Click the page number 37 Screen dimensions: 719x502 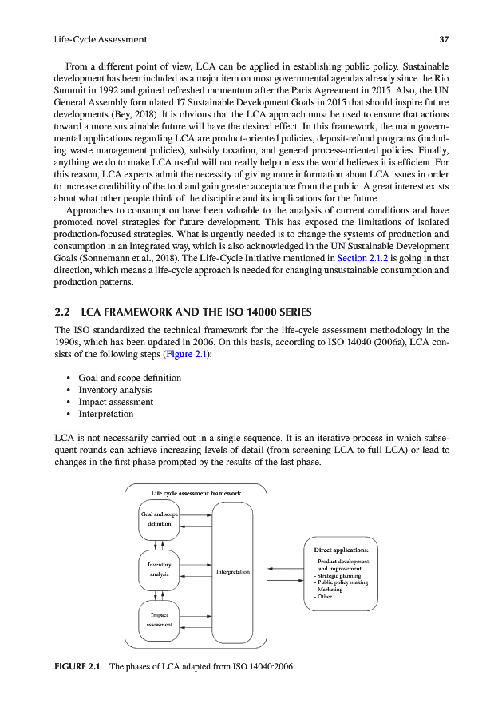pos(444,38)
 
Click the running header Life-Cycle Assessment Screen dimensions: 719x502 pos(100,38)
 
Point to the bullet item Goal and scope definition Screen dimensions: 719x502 pos(129,378)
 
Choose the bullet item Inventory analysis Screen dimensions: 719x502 pos(115,390)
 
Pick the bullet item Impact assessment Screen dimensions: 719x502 pos(116,402)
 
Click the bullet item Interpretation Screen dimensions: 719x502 pos(106,414)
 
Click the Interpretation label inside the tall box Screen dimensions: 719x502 pos(232,571)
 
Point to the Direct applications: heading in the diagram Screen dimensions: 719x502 pos(341,550)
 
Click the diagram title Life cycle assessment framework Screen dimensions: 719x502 pos(196,493)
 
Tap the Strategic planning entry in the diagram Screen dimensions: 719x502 pos(338,575)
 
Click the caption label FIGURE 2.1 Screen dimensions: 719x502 pos(77,666)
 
